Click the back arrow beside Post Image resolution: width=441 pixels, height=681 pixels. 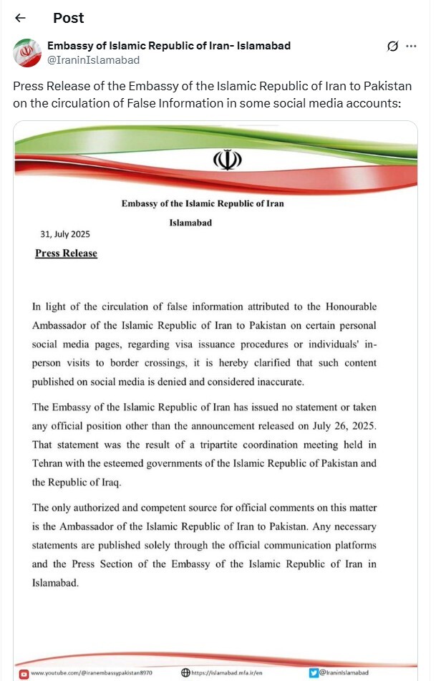20,18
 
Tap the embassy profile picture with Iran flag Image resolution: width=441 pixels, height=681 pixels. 27,53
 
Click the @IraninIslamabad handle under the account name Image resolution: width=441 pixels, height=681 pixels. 93,60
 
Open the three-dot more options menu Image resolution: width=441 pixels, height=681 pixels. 411,46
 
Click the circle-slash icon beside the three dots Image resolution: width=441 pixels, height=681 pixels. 392,47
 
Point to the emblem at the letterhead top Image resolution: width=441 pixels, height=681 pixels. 227,160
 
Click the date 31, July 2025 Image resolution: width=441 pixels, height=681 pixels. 66,234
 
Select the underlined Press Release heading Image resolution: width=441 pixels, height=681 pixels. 66,253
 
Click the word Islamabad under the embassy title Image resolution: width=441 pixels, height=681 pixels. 190,223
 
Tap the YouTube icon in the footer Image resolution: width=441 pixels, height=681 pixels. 24,673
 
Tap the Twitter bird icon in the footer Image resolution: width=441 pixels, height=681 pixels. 314,673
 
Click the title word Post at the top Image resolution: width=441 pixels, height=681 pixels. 68,18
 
